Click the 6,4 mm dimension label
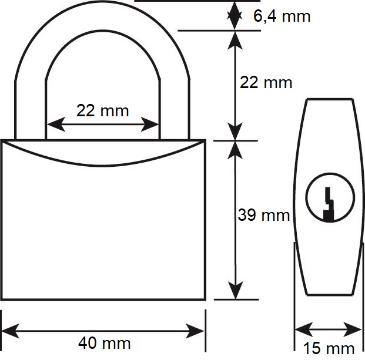coord(282,16)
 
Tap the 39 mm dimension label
coord(264,215)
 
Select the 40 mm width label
coord(104,343)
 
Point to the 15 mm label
coord(329,348)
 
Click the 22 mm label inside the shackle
coord(102,110)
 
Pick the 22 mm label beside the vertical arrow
coord(266,83)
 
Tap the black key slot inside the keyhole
coord(329,204)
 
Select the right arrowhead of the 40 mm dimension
coord(195,331)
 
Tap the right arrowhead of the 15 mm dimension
coord(353,329)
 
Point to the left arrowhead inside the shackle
coord(56,125)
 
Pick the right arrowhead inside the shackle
coord(150,125)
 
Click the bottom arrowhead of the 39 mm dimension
coord(236,290)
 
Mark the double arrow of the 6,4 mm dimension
coord(235,16)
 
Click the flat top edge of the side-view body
coord(330,99)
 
